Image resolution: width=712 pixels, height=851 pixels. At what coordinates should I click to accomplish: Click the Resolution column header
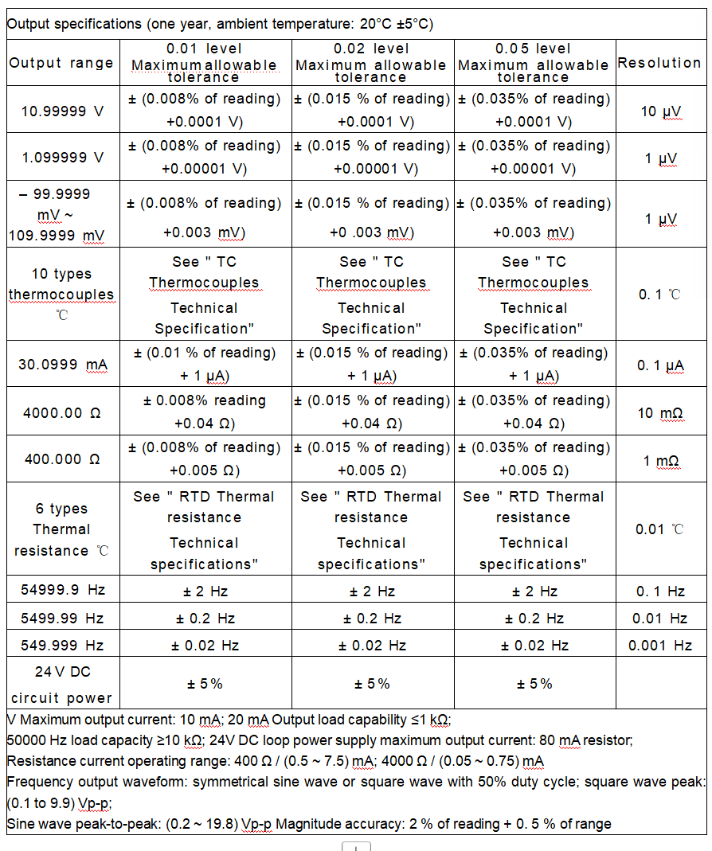659,63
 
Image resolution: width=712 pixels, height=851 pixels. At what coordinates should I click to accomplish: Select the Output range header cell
61,63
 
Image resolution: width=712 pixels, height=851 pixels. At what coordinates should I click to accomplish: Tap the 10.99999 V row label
62,111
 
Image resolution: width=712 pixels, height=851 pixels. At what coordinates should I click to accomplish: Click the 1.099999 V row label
62,157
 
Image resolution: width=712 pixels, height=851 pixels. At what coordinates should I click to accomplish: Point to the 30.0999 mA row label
62,365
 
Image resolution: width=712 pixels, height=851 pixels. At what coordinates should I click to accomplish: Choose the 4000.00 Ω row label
62,412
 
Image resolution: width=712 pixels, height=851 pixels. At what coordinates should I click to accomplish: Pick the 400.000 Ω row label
62,459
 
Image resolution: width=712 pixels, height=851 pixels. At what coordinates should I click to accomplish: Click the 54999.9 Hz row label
62,590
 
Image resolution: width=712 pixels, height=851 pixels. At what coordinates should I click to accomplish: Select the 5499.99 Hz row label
62,618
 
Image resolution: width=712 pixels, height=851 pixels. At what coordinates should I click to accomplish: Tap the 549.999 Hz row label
62,645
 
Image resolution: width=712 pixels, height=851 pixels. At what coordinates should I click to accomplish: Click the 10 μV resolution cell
660,111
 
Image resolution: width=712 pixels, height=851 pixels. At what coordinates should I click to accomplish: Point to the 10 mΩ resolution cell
660,412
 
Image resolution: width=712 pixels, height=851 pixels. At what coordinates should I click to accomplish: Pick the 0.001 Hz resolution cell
660,645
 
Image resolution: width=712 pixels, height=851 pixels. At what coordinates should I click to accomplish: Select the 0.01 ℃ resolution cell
660,529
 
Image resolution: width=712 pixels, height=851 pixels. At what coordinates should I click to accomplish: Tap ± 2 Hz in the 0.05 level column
534,591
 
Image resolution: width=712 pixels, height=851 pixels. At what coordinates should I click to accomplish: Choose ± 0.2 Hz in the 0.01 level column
205,619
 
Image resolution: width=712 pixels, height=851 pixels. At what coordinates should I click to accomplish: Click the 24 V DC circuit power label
62,684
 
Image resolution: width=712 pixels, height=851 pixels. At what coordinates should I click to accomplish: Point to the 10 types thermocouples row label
62,294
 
